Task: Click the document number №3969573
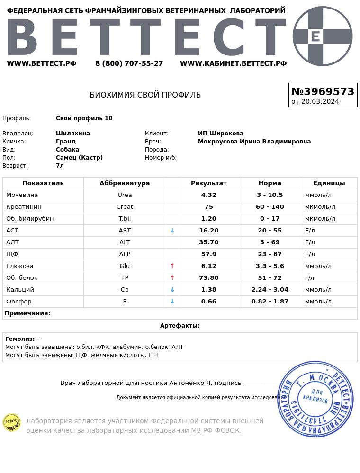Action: (x=323, y=91)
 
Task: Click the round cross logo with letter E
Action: (x=322, y=36)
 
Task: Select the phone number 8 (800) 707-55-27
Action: (x=129, y=63)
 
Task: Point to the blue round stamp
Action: (x=315, y=399)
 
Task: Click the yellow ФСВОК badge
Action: (x=12, y=422)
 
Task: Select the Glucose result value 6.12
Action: (x=208, y=266)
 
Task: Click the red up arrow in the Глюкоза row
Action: (x=172, y=266)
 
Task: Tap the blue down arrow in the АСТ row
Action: (x=172, y=231)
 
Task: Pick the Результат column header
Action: (x=208, y=183)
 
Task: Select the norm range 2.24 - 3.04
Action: (x=270, y=290)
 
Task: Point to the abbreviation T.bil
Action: (x=125, y=219)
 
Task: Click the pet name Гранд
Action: (x=66, y=142)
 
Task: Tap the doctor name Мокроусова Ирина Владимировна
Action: (x=254, y=142)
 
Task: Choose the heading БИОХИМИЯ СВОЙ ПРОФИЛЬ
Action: (x=145, y=95)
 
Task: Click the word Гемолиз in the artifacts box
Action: (x=19, y=339)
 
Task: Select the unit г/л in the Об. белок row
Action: (x=309, y=278)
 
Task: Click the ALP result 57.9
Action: (x=208, y=254)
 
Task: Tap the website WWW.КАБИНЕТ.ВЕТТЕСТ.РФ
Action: (x=233, y=63)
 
